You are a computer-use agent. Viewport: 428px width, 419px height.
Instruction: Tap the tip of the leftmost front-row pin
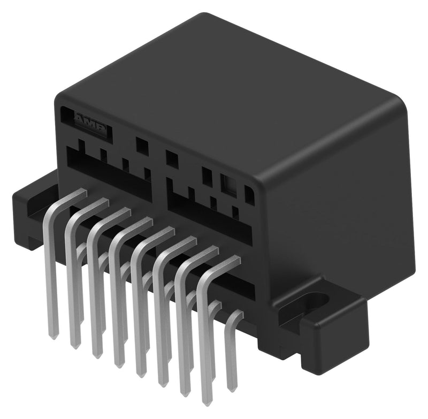[x=54, y=336]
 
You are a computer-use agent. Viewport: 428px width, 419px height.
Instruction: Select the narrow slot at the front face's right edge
[x=249, y=193]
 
